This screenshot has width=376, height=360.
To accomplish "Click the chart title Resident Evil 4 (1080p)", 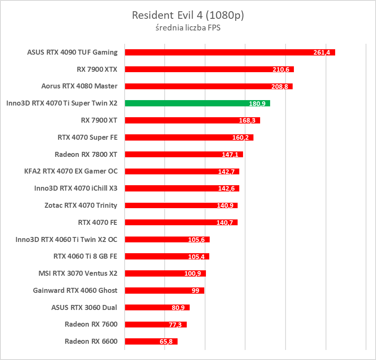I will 188,15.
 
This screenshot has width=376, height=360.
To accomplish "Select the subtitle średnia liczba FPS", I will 188,29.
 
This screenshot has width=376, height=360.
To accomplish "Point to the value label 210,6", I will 281,70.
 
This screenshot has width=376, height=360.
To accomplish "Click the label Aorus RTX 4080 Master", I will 79,86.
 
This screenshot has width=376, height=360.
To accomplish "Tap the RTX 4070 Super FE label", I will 88,137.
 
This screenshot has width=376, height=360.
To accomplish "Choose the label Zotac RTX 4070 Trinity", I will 81,205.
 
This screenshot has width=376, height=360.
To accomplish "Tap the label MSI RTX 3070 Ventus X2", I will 78,274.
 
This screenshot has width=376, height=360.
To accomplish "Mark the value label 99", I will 195,291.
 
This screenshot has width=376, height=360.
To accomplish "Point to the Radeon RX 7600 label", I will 91,325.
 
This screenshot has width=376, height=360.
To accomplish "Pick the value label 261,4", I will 322,53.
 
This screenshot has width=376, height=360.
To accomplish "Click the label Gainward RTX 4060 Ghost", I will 75,290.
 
